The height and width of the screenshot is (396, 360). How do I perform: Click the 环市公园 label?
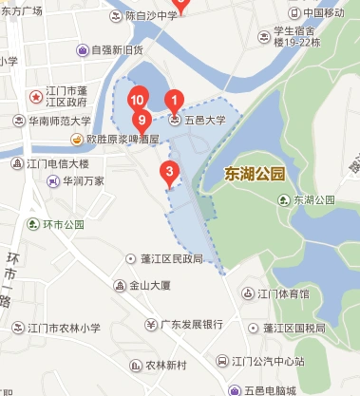pyautogui.click(x=64, y=225)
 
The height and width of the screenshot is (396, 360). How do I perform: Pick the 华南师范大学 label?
pyautogui.click(x=59, y=122)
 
